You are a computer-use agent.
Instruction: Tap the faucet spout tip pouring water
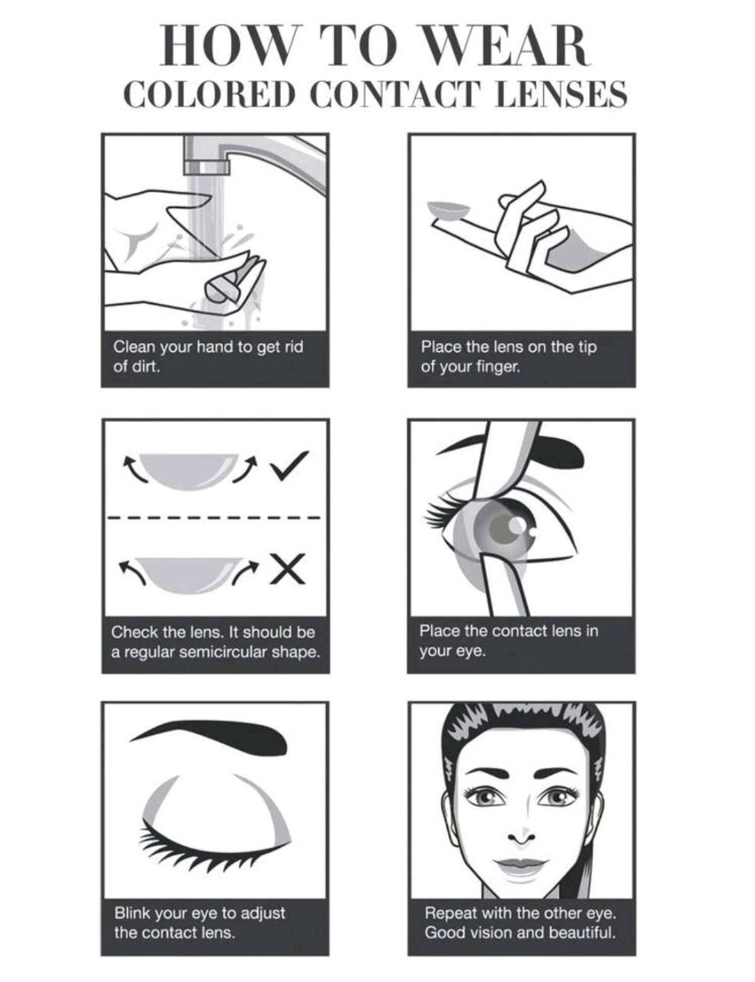coord(203,165)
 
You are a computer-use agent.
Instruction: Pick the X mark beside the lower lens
coord(288,568)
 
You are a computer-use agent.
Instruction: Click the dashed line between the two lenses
coord(215,517)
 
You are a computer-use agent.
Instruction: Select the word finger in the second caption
coord(498,366)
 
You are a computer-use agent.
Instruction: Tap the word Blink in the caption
coord(132,913)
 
